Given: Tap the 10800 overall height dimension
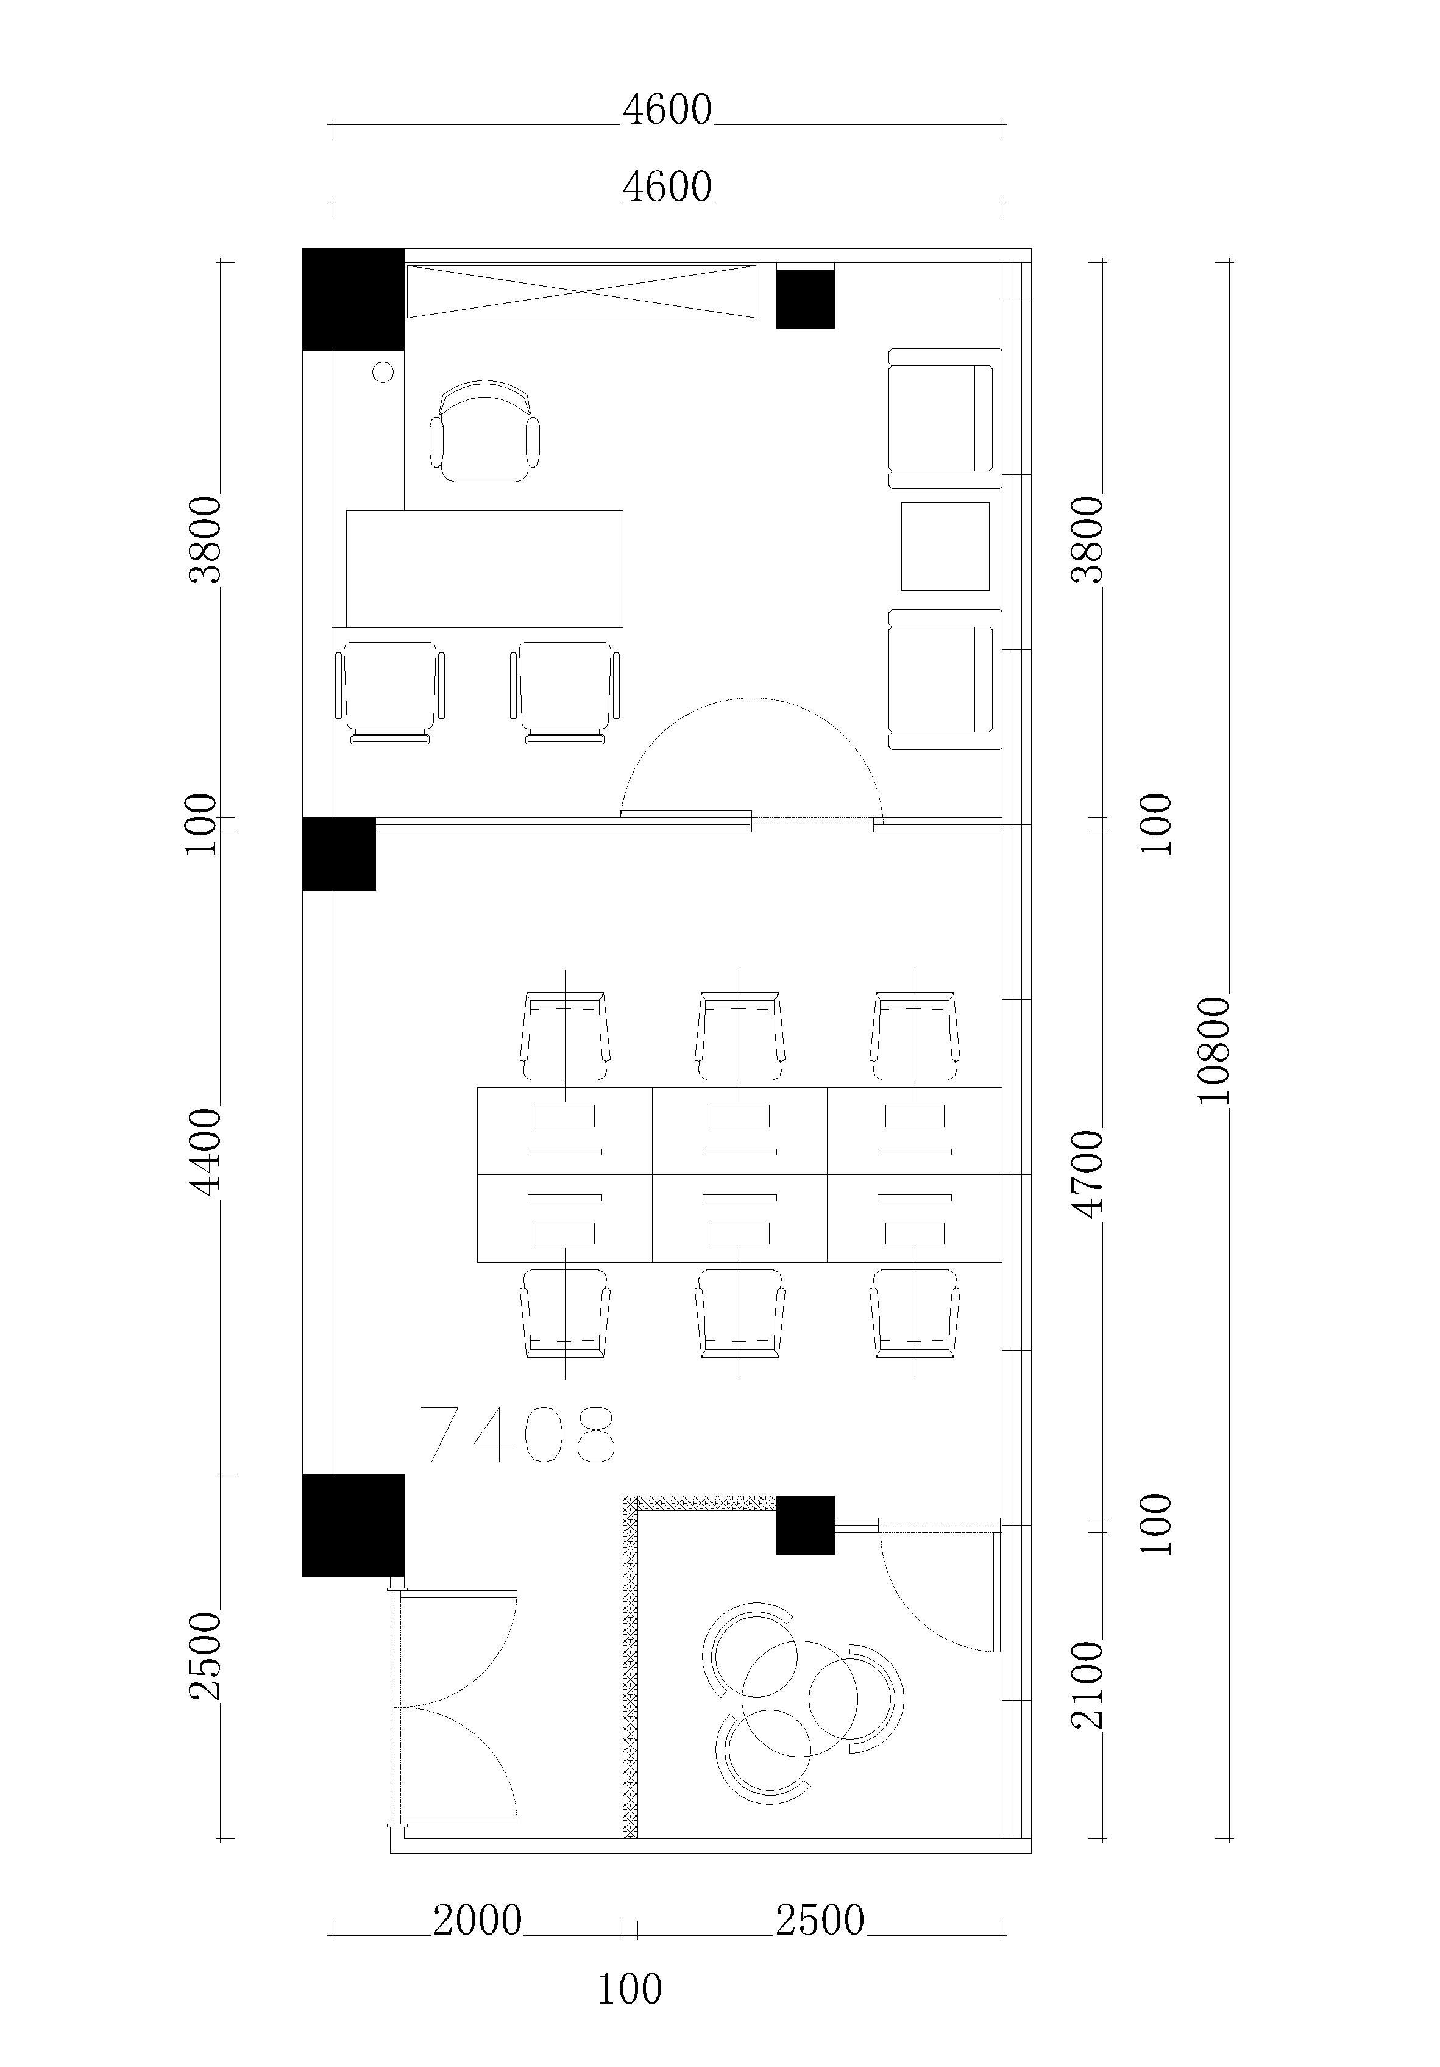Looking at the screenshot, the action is [x=1215, y=1049].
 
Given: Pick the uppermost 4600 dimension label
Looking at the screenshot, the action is [x=667, y=110].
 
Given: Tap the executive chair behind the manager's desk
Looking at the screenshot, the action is [x=485, y=431].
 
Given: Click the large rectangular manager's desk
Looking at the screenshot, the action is [x=484, y=569].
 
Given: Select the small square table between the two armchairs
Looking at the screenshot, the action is [x=945, y=546].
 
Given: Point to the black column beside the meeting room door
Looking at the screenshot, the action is [x=806, y=1525].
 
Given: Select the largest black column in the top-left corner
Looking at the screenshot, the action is [x=353, y=299].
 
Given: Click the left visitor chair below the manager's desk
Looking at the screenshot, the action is [x=389, y=692].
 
